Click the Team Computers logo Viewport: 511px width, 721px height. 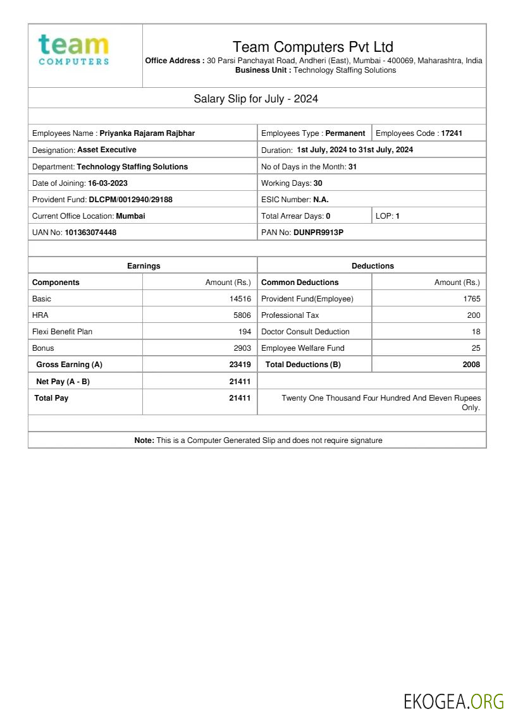73,50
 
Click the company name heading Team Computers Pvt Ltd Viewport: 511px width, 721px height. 312,47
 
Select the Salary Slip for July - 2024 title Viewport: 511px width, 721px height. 255,99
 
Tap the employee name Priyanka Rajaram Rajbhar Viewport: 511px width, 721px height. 147,133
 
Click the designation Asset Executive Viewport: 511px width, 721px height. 107,150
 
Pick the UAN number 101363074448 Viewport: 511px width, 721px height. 90,232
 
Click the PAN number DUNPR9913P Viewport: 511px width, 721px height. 319,232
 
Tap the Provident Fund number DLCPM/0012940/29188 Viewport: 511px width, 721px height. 130,199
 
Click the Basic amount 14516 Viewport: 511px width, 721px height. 240,299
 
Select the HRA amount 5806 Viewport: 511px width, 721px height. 242,315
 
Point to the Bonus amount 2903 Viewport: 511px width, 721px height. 242,348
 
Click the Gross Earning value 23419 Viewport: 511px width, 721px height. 240,365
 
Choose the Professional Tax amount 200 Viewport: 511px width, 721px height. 474,315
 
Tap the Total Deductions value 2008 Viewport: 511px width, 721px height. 471,365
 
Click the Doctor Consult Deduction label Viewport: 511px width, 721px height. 305,332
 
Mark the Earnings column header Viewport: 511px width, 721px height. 144,266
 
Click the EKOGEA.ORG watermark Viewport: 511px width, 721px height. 453,701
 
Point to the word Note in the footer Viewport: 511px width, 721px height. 144,440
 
